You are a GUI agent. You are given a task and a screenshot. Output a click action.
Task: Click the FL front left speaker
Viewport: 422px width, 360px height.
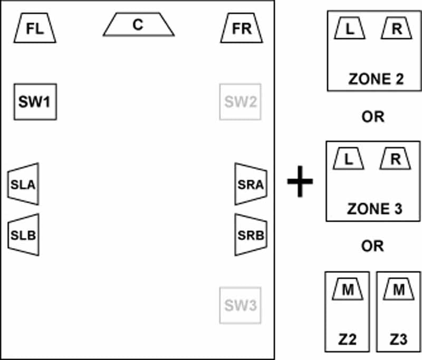[x=35, y=28]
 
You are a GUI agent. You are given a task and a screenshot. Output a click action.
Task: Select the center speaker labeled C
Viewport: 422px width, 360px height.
[x=139, y=24]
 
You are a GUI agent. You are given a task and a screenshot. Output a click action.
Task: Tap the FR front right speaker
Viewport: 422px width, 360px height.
[x=242, y=28]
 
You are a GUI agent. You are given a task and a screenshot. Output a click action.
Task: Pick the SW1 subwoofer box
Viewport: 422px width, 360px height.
[x=35, y=102]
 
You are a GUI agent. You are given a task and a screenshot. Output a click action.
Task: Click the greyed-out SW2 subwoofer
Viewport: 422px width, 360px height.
[x=241, y=102]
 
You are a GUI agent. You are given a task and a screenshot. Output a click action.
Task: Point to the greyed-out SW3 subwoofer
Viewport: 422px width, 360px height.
[x=241, y=305]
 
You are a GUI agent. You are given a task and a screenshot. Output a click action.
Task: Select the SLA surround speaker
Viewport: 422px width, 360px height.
[x=23, y=184]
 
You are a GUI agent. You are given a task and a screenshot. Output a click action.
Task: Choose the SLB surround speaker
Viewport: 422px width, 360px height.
[x=23, y=235]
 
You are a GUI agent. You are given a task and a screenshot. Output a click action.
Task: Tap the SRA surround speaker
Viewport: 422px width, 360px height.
[x=251, y=184]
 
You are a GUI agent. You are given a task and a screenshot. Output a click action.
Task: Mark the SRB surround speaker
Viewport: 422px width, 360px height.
[x=251, y=235]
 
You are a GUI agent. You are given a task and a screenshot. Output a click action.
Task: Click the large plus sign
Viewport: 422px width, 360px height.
[x=300, y=181]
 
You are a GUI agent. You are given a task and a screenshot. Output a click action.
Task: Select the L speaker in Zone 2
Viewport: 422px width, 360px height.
[x=350, y=29]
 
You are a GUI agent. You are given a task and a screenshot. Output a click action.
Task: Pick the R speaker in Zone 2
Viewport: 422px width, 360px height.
[x=397, y=29]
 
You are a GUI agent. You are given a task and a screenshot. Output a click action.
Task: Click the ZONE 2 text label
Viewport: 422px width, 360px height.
[x=376, y=79]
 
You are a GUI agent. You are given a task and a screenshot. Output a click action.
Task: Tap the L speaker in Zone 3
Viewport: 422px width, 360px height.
[x=348, y=158]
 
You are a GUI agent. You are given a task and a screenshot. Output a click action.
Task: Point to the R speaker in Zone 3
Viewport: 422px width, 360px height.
[x=395, y=158]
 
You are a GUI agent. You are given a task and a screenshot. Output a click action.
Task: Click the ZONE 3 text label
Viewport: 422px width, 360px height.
[x=375, y=209]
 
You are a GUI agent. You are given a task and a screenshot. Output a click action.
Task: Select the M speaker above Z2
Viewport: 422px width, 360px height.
[x=348, y=289]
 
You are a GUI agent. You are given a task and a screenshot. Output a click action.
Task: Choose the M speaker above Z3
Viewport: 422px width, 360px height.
[x=399, y=289]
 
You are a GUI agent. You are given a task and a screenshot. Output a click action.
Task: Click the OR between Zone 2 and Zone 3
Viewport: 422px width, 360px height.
[x=373, y=117]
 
